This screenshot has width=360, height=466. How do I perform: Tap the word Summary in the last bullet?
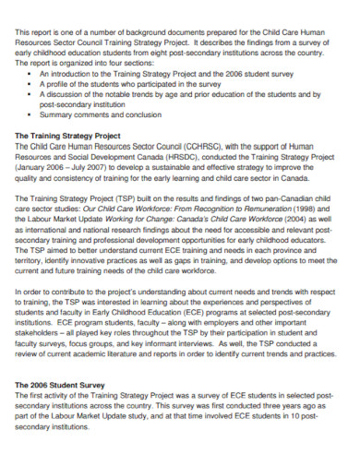(x=61, y=114)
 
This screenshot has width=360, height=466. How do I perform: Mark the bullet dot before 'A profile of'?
(x=32, y=82)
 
